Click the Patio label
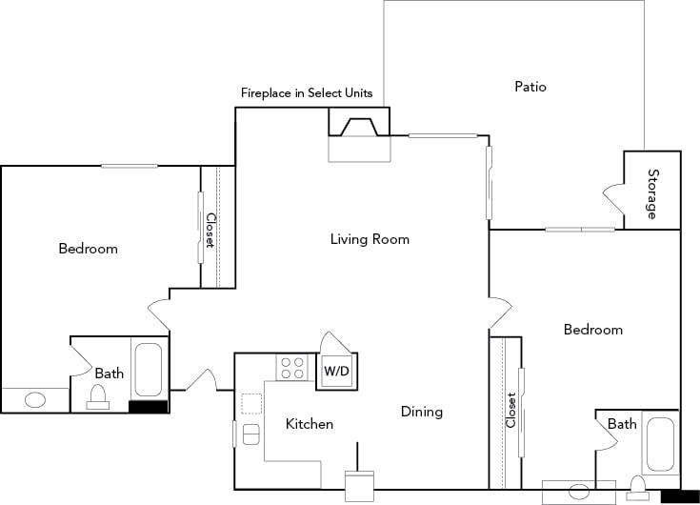click(530, 87)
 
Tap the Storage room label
click(653, 193)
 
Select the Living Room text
click(370, 239)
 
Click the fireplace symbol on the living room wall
click(359, 127)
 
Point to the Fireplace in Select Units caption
click(306, 93)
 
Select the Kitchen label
click(310, 424)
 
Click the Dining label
click(421, 412)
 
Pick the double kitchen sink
click(251, 434)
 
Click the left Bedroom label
click(88, 249)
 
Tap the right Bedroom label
click(592, 330)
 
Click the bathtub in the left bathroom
click(150, 371)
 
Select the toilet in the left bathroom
click(98, 396)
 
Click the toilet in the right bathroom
click(637, 490)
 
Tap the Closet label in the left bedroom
click(210, 231)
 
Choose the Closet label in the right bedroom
click(511, 410)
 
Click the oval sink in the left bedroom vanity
click(35, 400)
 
